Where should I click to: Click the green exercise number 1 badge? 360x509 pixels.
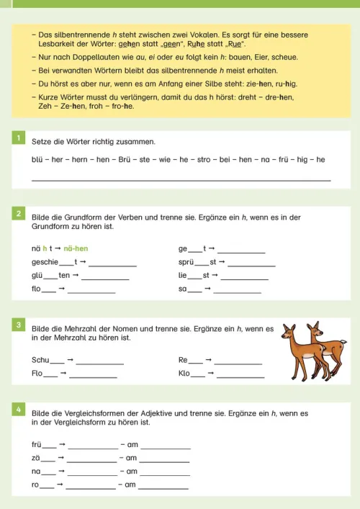point(19,137)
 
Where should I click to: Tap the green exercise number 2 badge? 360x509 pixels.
point(19,213)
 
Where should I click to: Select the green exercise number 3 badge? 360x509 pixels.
point(19,325)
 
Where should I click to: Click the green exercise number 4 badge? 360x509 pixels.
point(19,409)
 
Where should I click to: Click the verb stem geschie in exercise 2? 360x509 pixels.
point(45,263)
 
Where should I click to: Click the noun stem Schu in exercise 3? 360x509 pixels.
point(40,359)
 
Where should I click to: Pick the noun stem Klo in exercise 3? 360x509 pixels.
point(184,374)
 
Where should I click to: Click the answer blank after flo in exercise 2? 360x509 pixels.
point(91,292)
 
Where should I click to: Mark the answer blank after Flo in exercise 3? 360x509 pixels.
point(94,375)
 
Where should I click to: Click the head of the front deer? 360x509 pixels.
point(289,333)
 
